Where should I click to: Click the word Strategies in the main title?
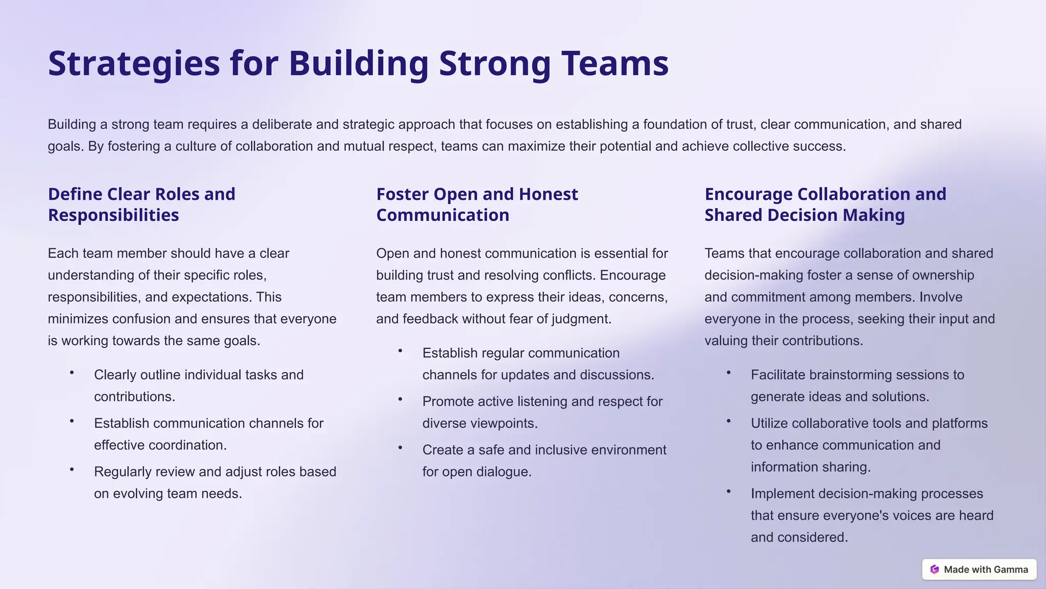(134, 63)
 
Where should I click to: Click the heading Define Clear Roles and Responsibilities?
(141, 205)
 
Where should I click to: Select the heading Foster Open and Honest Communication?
(477, 205)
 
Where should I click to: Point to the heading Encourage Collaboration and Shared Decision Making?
(825, 205)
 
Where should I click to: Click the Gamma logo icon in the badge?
(935, 570)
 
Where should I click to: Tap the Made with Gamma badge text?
(986, 570)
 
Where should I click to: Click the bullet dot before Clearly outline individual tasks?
(72, 373)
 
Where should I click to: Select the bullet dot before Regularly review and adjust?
(72, 469)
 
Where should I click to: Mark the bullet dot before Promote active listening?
(400, 399)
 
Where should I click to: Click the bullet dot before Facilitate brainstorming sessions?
(729, 373)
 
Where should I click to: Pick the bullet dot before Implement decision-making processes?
(729, 491)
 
